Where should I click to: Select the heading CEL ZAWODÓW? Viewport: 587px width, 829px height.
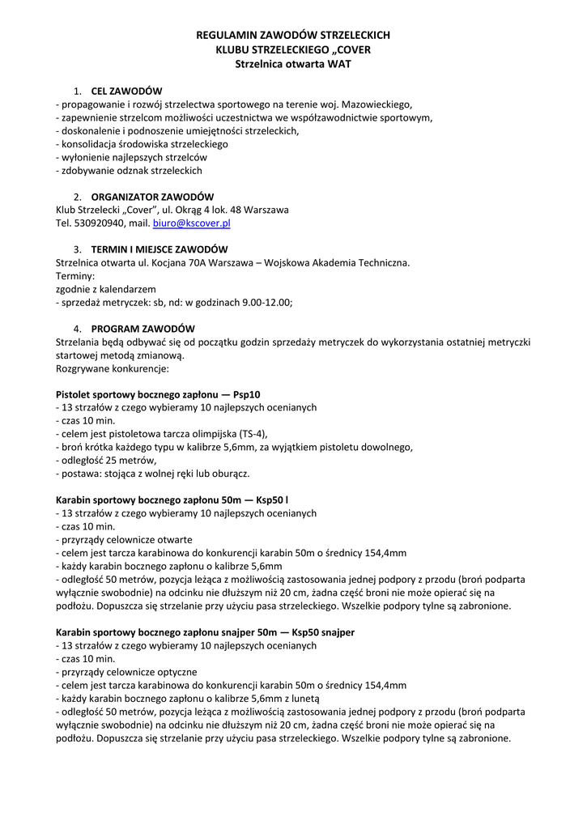tap(127, 91)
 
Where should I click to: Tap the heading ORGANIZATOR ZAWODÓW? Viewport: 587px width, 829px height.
tap(152, 197)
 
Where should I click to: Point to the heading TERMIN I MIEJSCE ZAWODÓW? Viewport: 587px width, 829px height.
tap(160, 249)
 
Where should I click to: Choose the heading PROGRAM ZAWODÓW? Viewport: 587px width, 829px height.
tap(142, 329)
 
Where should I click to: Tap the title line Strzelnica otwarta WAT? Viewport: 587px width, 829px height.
tap(293, 63)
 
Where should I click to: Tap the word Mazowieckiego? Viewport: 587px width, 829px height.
tap(376, 104)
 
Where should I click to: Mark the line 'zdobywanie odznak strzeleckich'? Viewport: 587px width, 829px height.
tap(129, 170)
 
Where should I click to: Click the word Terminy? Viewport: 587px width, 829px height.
tap(75, 275)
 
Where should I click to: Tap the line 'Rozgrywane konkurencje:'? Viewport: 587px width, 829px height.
tap(112, 368)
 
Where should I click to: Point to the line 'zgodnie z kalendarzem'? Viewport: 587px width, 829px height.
tap(105, 289)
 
